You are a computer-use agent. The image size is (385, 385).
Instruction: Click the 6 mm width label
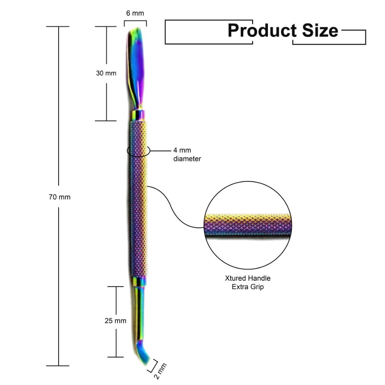click(x=135, y=13)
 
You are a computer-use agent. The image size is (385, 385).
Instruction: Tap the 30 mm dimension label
click(x=106, y=73)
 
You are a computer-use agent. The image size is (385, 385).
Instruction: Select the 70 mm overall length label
click(x=59, y=197)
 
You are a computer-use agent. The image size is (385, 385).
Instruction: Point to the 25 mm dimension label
click(x=115, y=320)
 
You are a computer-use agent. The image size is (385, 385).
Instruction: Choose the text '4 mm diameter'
click(x=187, y=154)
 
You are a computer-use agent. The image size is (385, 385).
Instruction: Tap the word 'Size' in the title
click(x=320, y=30)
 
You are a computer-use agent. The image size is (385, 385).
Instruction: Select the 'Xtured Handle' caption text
click(x=248, y=278)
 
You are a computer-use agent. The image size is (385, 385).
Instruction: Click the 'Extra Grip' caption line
click(x=248, y=287)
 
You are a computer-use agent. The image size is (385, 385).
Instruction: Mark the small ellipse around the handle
click(x=138, y=151)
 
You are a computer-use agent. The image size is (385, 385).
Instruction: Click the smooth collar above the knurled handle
click(x=139, y=115)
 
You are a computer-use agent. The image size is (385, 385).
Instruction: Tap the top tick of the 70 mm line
click(x=58, y=27)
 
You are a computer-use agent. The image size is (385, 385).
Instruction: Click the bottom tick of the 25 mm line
click(x=115, y=357)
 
